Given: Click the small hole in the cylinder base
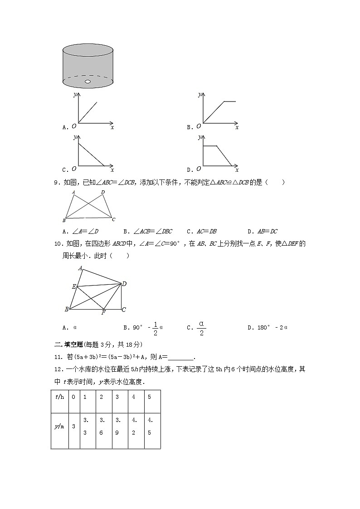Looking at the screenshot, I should (88, 82).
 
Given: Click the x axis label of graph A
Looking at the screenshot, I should (112, 128).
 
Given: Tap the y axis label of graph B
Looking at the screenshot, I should (199, 94).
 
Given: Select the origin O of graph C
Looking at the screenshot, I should (73, 169).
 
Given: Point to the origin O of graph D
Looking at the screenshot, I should (199, 169).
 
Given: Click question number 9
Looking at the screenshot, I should (57, 183).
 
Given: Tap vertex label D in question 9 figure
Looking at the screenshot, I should (103, 192).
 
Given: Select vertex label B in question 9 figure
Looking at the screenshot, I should (64, 220).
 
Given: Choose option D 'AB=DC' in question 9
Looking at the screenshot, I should (263, 231).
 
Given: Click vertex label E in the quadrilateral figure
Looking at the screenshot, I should (73, 286).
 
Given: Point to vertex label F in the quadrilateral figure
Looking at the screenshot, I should (103, 313).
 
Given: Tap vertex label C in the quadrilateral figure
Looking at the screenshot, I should (123, 310).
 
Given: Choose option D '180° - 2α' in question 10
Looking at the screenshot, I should (268, 327).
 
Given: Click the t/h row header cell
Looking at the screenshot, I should (59, 397).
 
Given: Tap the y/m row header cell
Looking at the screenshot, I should (59, 426).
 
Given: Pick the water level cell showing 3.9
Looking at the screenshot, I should (117, 426).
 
